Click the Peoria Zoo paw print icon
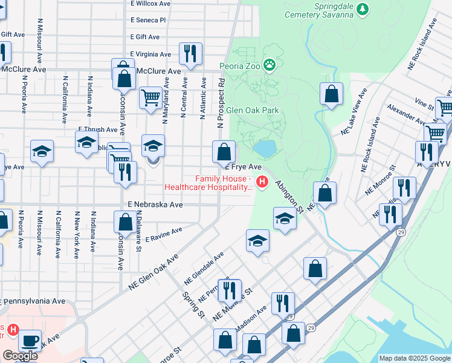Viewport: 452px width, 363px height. coord(269,65)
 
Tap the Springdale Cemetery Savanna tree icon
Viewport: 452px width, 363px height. coord(363,8)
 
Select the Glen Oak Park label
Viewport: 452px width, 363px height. coord(253,111)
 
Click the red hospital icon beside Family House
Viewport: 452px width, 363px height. coord(262,181)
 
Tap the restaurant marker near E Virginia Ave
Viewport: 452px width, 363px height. coord(190,54)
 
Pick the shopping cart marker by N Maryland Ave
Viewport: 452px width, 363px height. coord(150,97)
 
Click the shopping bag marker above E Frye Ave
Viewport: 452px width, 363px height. coord(224,151)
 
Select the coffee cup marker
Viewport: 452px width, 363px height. coord(29,341)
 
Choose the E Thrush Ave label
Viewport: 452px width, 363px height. coord(98,129)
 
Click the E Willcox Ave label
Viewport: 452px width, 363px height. coord(150,4)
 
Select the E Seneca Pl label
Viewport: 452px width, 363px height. coord(148,20)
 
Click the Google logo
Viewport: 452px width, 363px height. coord(20,356)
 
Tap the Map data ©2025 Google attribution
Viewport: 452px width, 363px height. coord(414,358)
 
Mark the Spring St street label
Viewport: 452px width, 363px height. coord(193,304)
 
